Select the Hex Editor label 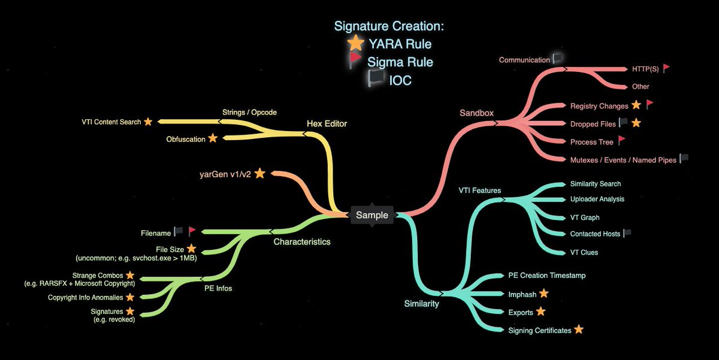pos(327,124)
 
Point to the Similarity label pos(421,304)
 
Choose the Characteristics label pos(302,242)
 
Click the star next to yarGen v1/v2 pos(259,174)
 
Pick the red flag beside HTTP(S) pos(666,68)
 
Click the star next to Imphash pos(543,294)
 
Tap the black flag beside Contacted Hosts pos(627,234)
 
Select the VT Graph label pos(585,217)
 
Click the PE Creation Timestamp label pos(546,276)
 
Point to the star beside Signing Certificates pos(578,329)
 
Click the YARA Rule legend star pos(356,43)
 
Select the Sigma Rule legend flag pos(356,60)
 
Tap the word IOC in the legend pos(400,80)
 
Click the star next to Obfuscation pos(212,138)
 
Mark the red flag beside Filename pos(192,231)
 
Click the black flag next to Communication pos(557,59)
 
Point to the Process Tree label pos(591,142)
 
